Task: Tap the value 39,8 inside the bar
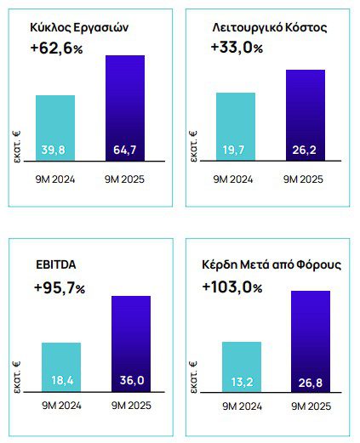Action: coord(55,151)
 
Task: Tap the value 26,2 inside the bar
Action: coord(305,151)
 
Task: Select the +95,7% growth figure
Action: coord(60,288)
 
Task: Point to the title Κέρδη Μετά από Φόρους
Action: coord(271,265)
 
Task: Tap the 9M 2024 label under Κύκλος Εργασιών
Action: coord(55,179)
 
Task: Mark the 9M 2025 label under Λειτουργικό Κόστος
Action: coord(305,179)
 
